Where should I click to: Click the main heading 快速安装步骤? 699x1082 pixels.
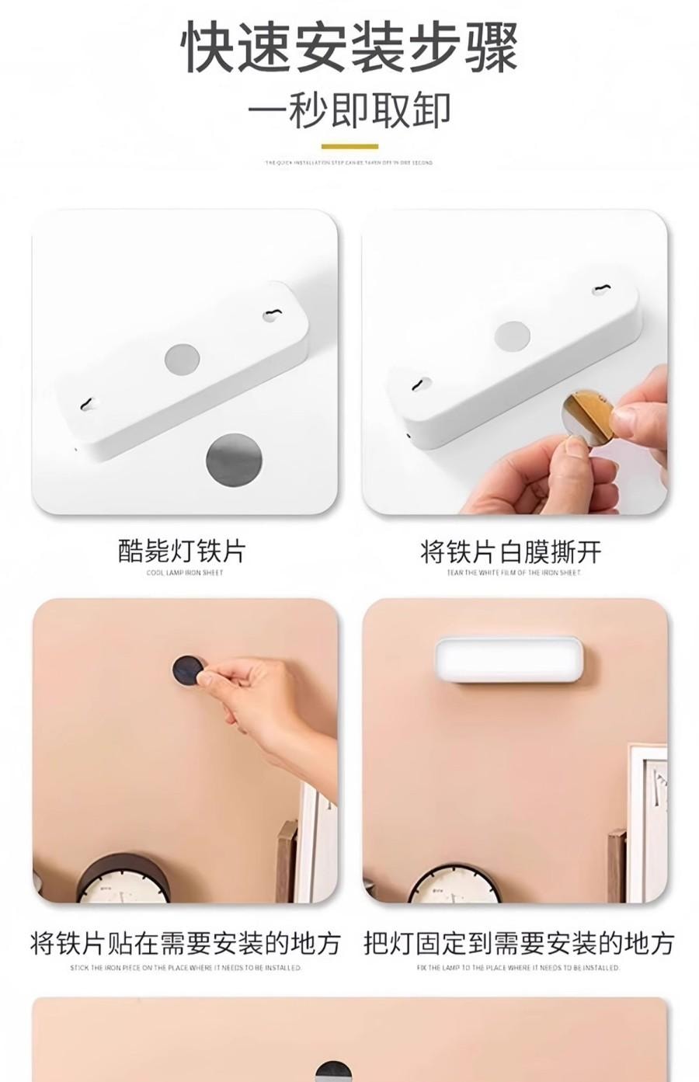tap(349, 48)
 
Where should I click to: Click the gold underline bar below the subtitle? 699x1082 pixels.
tap(349, 146)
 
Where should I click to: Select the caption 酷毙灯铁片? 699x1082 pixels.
tap(182, 551)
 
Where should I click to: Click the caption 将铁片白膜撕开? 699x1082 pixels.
tap(511, 552)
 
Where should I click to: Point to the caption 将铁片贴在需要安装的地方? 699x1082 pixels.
tap(185, 943)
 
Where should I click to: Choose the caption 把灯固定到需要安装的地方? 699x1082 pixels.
tap(518, 943)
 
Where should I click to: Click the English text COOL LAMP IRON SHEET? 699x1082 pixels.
tap(184, 572)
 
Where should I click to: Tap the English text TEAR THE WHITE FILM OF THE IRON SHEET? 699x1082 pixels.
tap(513, 572)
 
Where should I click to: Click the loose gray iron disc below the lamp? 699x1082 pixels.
tap(234, 460)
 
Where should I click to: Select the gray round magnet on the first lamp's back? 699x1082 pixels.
tap(183, 359)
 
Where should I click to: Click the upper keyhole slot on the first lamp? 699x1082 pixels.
tap(271, 315)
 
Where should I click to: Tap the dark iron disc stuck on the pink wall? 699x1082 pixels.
tap(187, 670)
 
